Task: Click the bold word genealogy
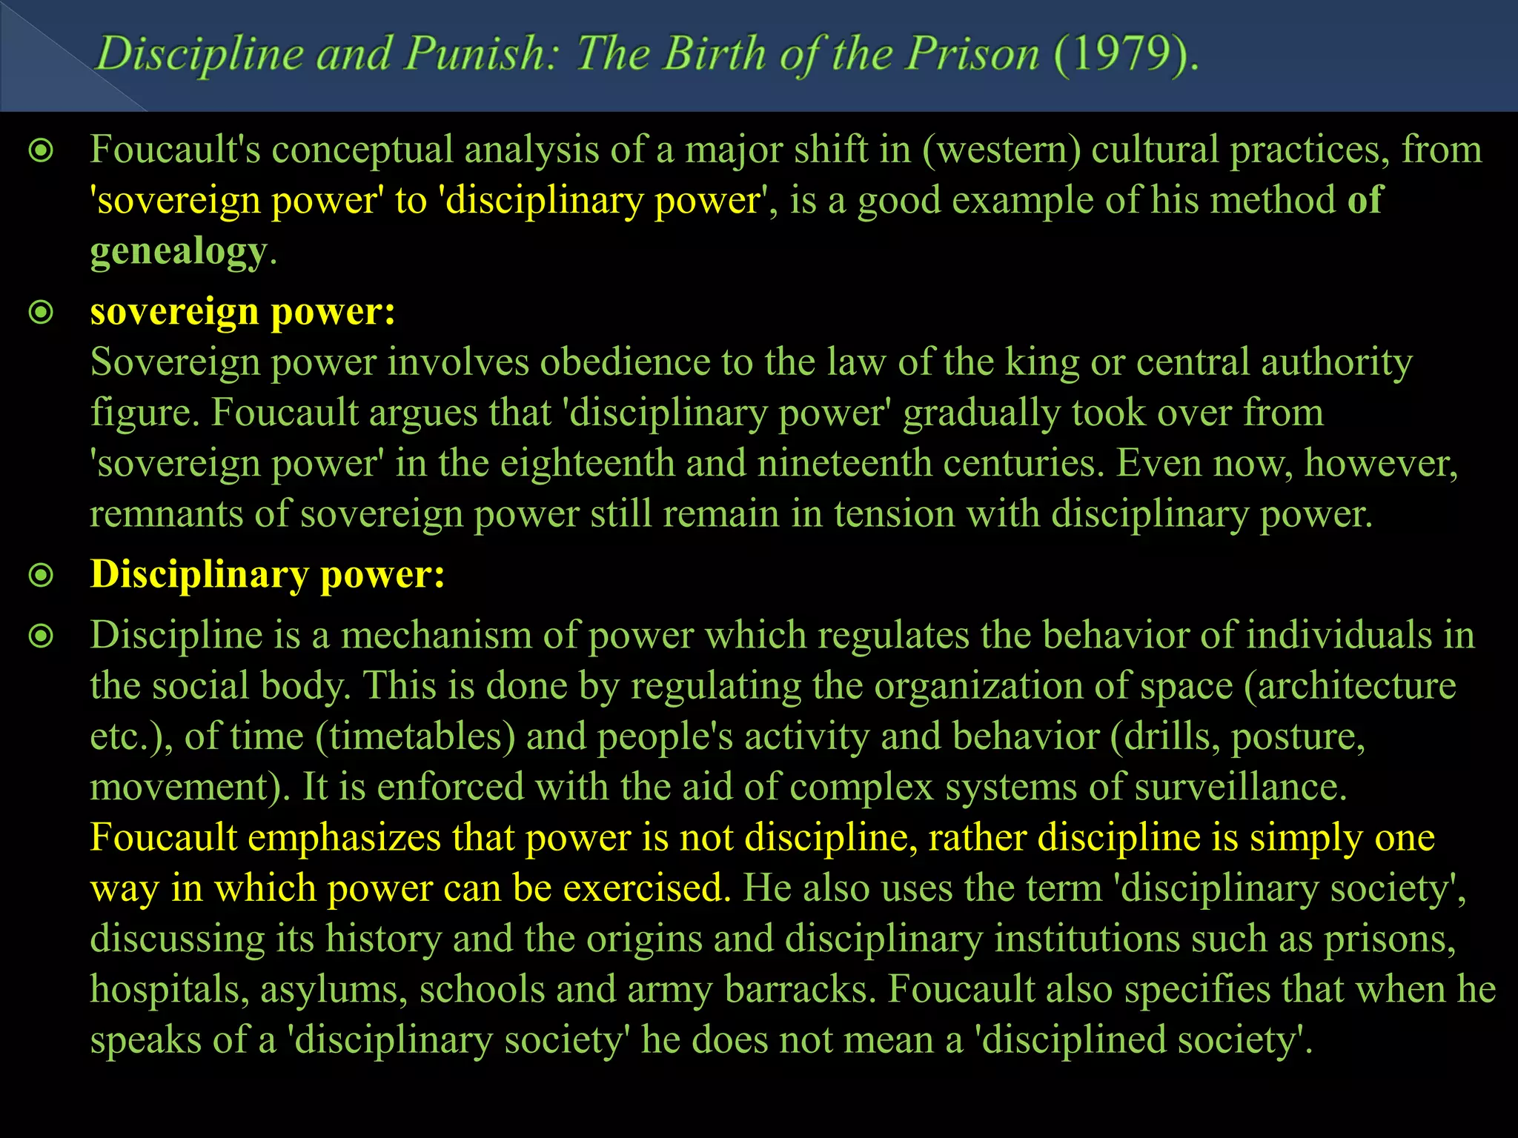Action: (178, 252)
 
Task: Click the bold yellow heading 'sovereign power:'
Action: (242, 312)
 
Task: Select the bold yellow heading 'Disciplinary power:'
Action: (268, 575)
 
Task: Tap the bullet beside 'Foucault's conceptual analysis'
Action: (41, 151)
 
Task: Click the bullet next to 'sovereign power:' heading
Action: (41, 313)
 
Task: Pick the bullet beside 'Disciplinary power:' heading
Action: (41, 576)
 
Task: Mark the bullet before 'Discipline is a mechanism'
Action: (41, 636)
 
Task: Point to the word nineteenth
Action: (844, 464)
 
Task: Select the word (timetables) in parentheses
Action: (415, 737)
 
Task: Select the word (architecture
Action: (1350, 686)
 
